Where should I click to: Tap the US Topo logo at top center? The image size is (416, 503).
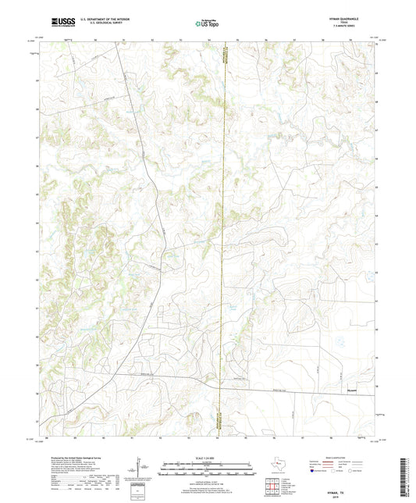(x=208, y=23)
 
